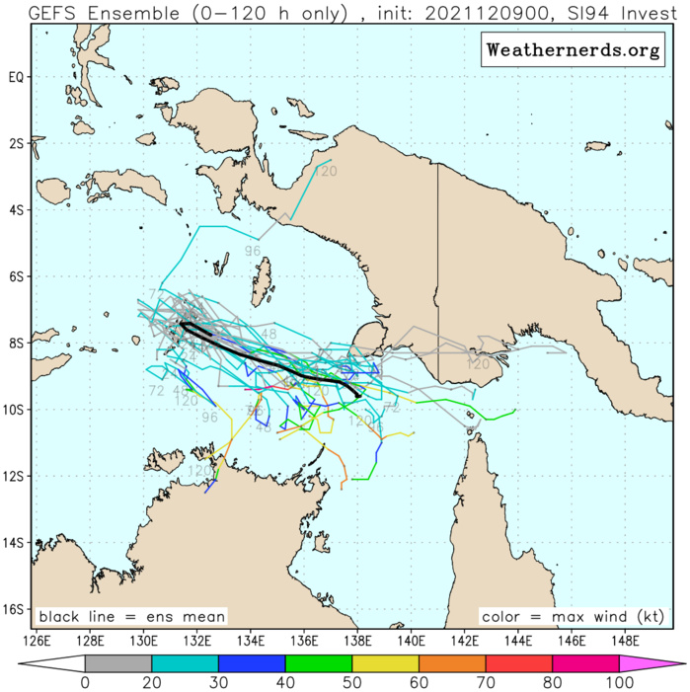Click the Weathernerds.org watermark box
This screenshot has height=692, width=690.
(572, 49)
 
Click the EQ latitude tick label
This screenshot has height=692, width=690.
(16, 77)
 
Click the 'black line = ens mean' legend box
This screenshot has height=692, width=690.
(132, 617)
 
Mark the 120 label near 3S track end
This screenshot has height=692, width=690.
(326, 172)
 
